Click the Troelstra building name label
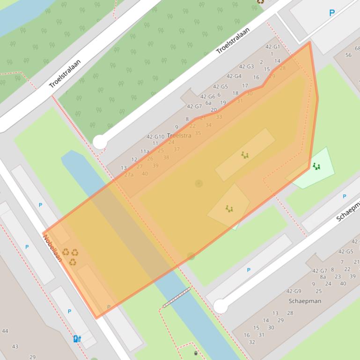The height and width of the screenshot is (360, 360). click(179, 136)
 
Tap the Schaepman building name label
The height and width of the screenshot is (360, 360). click(305, 301)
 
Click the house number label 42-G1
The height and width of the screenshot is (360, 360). click(272, 47)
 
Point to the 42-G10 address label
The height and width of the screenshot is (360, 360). click(155, 137)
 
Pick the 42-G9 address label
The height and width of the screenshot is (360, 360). click(294, 291)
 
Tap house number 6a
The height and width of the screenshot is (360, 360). click(208, 103)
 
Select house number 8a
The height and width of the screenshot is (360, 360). click(323, 277)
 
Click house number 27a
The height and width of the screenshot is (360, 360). click(129, 174)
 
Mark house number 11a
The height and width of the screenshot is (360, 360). click(145, 151)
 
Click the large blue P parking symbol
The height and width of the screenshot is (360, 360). click(332, 13)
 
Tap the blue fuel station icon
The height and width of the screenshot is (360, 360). click(77, 338)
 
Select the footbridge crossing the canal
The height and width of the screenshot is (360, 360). click(176, 298)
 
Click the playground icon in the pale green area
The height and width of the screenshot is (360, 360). click(316, 166)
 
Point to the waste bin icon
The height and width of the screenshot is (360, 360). click(196, 353)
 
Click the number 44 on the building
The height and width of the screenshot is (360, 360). click(5, 331)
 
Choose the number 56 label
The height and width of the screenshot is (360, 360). click(348, 55)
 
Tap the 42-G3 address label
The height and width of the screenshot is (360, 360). click(246, 66)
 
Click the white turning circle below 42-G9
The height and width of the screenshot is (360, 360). click(220, 307)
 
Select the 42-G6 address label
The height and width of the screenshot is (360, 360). click(208, 97)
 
